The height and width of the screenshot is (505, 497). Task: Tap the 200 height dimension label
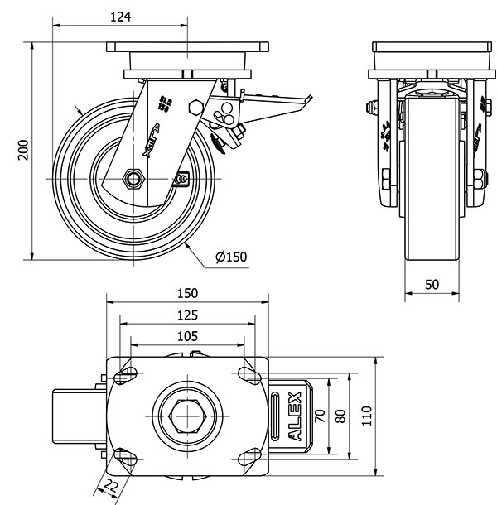24,149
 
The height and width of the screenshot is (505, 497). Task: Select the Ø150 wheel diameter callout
231,257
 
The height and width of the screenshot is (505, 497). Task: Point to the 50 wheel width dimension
432,283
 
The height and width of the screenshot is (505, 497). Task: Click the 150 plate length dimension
187,293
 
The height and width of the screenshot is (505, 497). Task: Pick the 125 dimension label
187,315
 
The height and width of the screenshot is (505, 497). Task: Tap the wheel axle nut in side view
133,178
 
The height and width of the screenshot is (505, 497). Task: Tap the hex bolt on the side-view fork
195,107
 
